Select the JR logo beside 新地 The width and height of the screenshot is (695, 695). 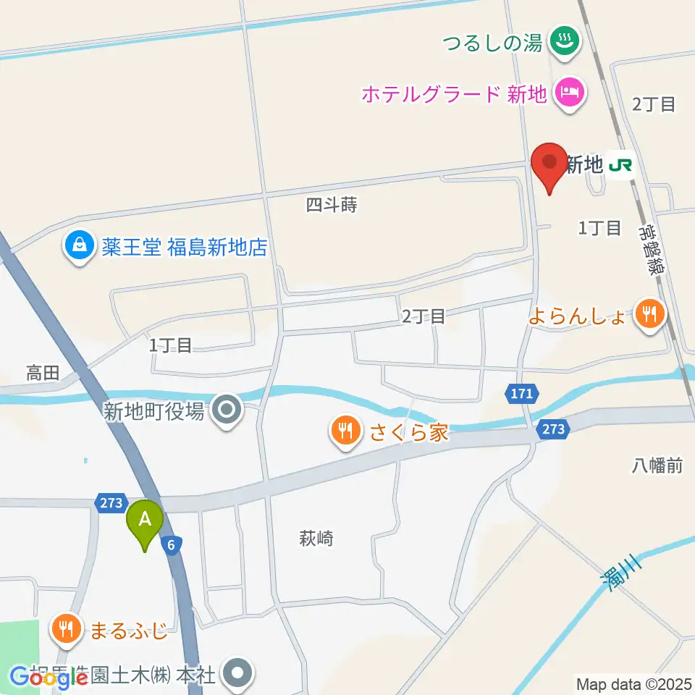[620, 165]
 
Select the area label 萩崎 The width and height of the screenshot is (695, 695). [316, 539]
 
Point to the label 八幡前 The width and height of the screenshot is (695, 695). [655, 466]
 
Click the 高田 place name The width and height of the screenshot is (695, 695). [43, 374]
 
